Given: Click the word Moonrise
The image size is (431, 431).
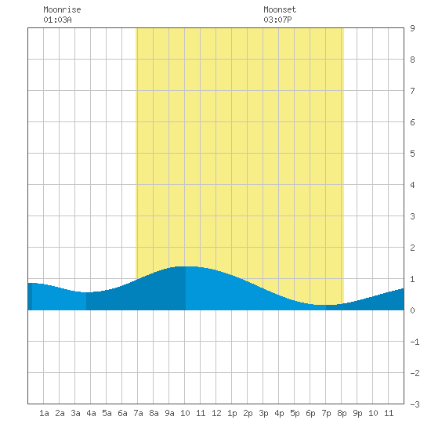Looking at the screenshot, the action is (x=62, y=9).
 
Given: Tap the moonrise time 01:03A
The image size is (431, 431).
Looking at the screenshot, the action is (x=57, y=20).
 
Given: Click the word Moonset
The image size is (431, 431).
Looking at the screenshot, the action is (x=280, y=9).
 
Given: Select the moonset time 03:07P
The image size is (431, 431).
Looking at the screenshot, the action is (x=277, y=20).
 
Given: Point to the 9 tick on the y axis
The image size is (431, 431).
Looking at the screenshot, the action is (x=412, y=28).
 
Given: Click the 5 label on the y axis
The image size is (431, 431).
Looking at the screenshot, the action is (x=412, y=154).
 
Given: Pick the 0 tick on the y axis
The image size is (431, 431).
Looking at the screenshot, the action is (x=412, y=310).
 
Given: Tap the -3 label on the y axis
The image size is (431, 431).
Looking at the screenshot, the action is (x=415, y=404).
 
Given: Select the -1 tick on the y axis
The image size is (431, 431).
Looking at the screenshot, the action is (x=415, y=342).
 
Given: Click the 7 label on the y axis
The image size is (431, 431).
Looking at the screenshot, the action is (x=412, y=91).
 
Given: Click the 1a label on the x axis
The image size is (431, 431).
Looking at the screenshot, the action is (x=44, y=413).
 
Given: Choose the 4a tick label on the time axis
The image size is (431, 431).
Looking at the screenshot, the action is (x=91, y=413).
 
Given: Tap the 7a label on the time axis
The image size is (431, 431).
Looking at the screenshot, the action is (x=138, y=413).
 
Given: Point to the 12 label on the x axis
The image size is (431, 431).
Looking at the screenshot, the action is (x=216, y=413).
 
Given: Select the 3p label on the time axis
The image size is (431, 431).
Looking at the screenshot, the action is (x=263, y=413).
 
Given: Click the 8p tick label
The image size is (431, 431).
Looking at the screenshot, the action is (x=342, y=413).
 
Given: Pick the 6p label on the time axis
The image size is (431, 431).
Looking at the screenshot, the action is (x=310, y=413).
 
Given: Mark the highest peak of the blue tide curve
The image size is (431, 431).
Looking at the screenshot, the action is (x=186, y=266).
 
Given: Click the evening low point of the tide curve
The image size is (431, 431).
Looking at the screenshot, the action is (x=325, y=305).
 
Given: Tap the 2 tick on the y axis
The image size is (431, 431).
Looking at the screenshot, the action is (x=412, y=248).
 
